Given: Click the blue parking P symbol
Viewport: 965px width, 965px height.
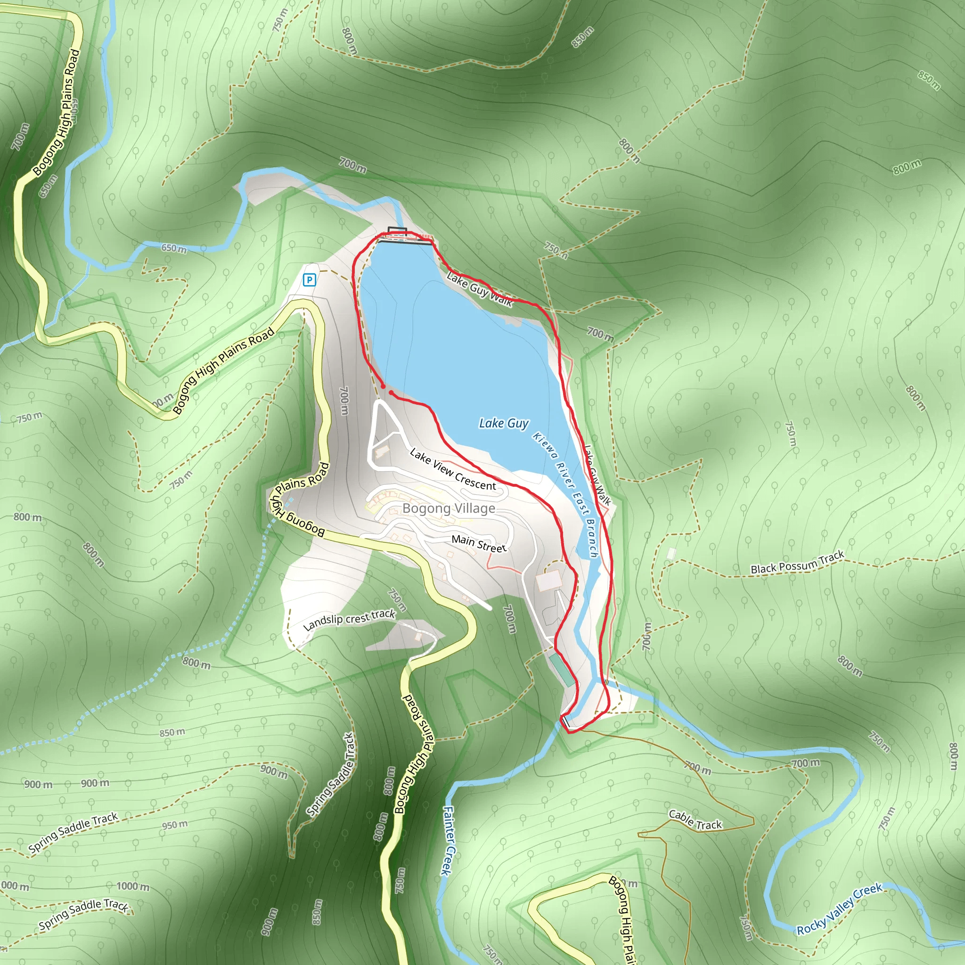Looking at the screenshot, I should (x=309, y=280).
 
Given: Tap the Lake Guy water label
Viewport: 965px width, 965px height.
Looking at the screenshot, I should (x=504, y=424).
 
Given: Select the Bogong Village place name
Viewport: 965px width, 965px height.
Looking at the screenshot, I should (x=449, y=508).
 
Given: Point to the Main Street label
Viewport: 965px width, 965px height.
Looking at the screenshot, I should (x=479, y=543).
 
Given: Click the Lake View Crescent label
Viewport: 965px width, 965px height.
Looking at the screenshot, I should (x=452, y=469).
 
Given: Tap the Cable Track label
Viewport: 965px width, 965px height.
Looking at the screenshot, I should (x=695, y=820).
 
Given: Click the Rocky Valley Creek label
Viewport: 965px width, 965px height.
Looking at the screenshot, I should (x=839, y=909).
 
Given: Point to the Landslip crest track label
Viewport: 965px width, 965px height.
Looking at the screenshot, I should (x=349, y=620).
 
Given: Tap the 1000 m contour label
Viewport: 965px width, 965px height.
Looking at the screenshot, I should (x=133, y=887).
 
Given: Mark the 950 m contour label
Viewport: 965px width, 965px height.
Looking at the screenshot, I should (x=175, y=825).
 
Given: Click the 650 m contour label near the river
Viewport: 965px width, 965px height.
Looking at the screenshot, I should (x=174, y=248).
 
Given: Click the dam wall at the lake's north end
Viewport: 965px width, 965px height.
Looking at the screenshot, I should (x=405, y=242).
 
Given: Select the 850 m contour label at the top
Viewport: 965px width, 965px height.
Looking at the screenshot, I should (x=582, y=37).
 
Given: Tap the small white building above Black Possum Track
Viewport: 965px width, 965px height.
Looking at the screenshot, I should (x=671, y=554).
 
